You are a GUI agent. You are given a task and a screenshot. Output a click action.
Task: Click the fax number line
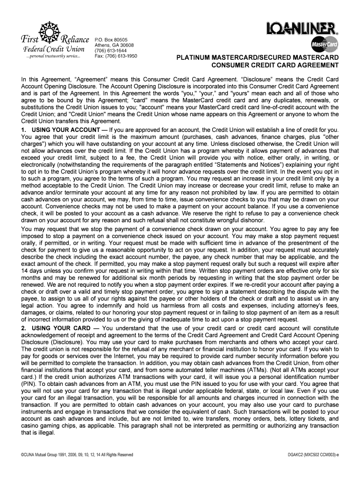tap(116, 56)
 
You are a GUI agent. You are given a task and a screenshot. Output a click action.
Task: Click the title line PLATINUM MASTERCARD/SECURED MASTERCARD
tap(257, 58)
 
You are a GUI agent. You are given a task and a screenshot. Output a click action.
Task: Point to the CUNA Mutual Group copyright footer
tap(78, 455)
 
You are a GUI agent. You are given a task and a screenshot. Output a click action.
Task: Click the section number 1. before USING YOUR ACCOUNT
tap(24, 129)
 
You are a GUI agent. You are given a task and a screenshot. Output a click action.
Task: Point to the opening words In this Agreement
tap(45, 80)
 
